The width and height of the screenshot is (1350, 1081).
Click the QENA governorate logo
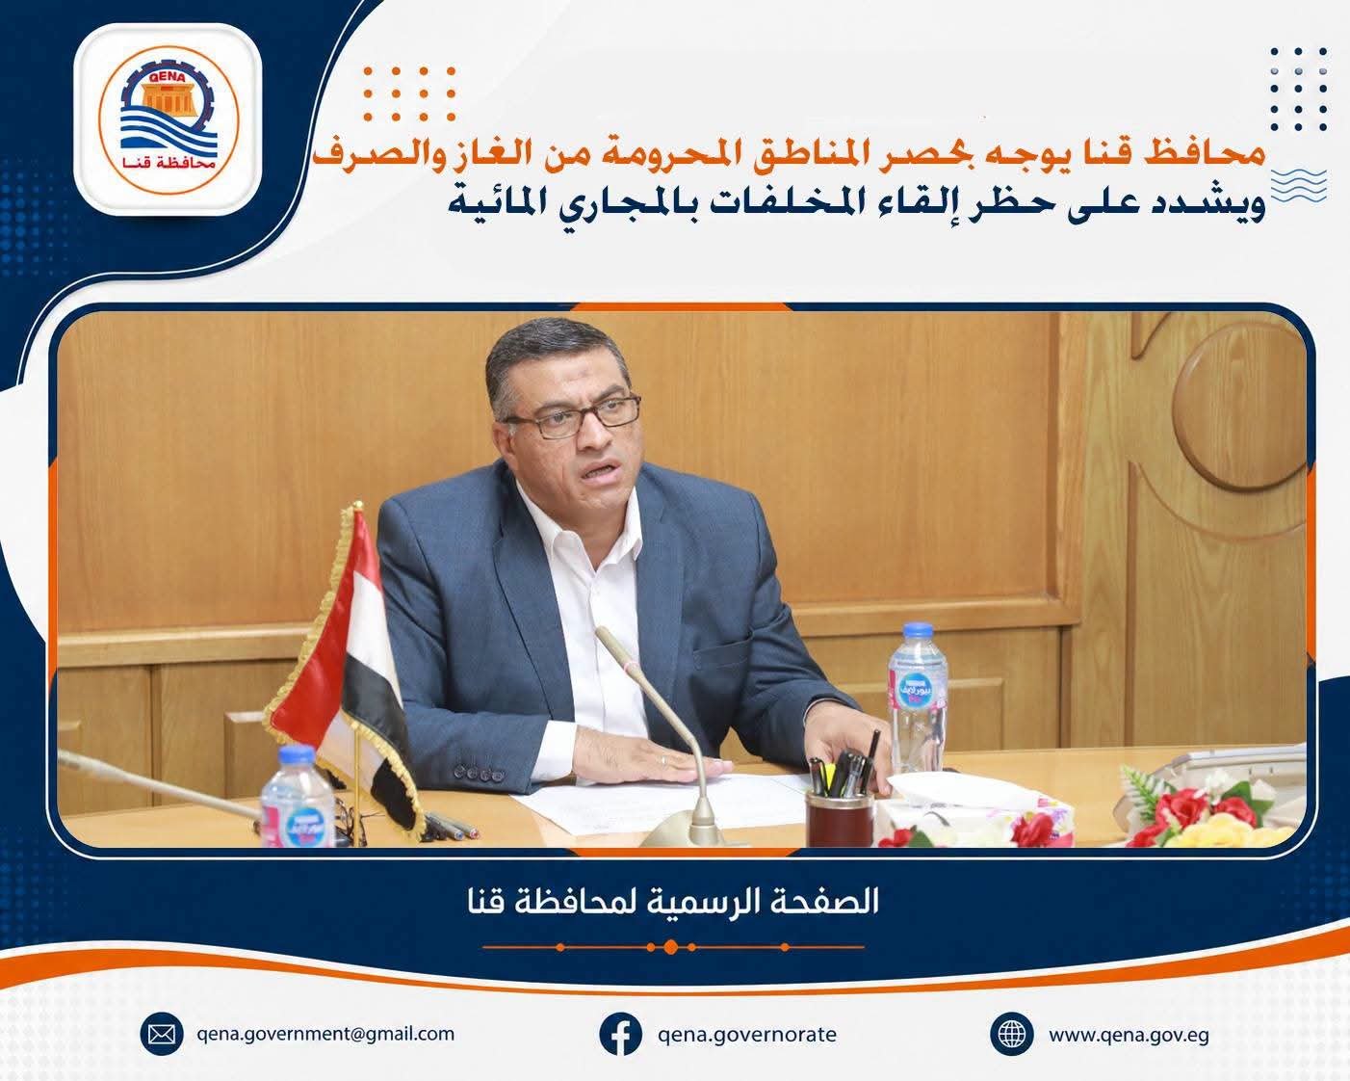coord(169,119)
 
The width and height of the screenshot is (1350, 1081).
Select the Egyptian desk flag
coord(345,666)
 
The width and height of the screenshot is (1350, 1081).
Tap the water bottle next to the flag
coord(298,796)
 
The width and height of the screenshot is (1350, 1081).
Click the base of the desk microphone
coord(683,831)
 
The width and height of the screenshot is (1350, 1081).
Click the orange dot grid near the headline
coord(409,93)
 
